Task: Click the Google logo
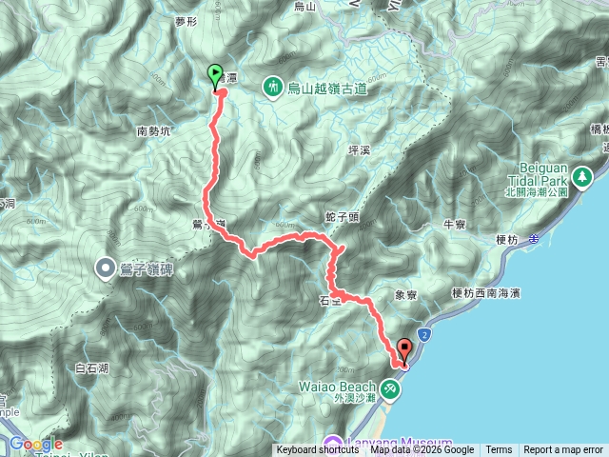click(36, 444)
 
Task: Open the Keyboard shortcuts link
click(318, 450)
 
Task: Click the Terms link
click(499, 450)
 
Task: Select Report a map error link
click(563, 450)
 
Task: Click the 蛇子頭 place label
click(342, 217)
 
